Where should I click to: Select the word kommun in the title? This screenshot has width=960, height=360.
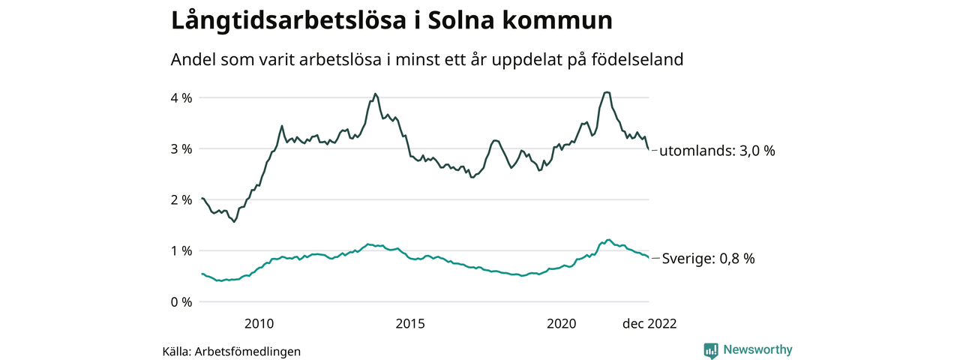(562, 20)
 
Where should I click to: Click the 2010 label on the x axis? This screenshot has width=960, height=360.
(259, 324)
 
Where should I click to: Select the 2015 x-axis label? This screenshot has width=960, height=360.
(410, 324)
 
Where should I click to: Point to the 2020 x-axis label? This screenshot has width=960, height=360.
(562, 324)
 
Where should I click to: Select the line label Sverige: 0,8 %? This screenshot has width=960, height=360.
(709, 259)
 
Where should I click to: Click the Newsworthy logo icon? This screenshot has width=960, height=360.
(711, 350)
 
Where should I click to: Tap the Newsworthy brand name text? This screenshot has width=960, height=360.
(757, 349)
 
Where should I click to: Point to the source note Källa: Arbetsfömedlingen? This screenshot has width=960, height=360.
(231, 351)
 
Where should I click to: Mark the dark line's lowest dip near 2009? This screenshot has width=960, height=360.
(235, 222)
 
